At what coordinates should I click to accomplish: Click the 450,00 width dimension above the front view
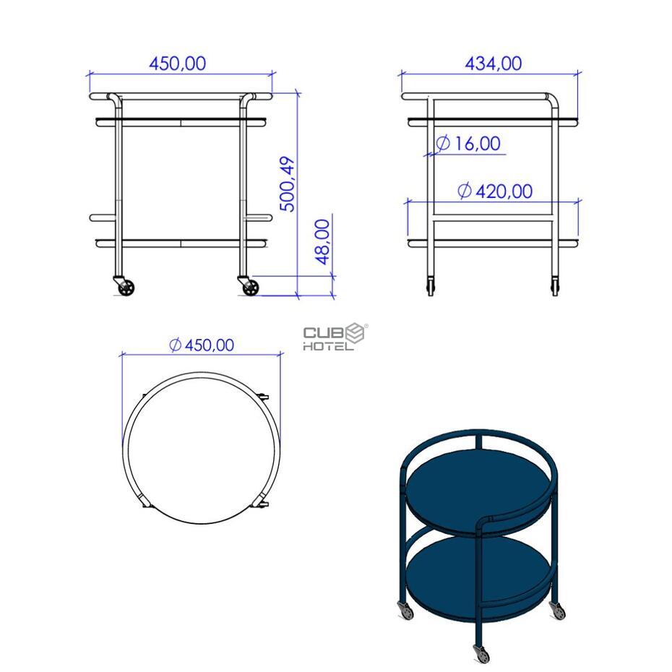pyautogui.click(x=178, y=64)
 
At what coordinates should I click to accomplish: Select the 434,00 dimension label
pyautogui.click(x=494, y=64)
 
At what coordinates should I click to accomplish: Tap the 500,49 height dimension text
pyautogui.click(x=288, y=184)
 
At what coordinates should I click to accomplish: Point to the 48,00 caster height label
pyautogui.click(x=322, y=242)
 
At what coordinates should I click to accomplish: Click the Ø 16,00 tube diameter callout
pyautogui.click(x=468, y=143)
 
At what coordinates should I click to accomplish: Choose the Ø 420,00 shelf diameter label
pyautogui.click(x=495, y=191)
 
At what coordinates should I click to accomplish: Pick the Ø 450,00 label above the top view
pyautogui.click(x=202, y=345)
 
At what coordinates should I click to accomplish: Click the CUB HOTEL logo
pyautogui.click(x=335, y=337)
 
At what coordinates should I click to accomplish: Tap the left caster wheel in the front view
pyautogui.click(x=126, y=288)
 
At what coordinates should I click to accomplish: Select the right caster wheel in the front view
pyautogui.click(x=251, y=288)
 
